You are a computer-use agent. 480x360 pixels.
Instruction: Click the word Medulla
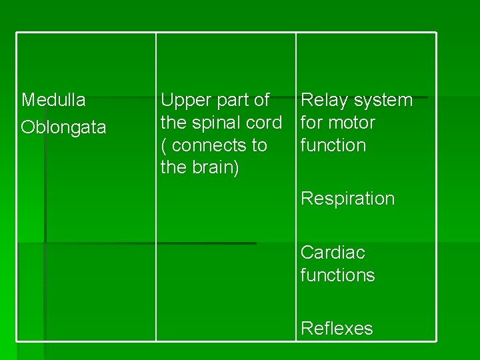click(x=53, y=100)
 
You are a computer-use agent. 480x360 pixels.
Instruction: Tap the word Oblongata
click(x=63, y=127)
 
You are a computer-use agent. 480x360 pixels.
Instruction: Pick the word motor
click(x=351, y=123)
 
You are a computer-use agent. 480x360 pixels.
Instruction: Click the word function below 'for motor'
click(x=333, y=145)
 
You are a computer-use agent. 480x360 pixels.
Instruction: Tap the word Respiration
click(x=347, y=199)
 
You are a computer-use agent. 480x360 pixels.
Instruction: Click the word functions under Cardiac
click(x=338, y=275)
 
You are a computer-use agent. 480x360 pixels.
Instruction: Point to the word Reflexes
click(x=337, y=328)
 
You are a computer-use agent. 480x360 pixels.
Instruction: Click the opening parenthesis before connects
click(x=164, y=145)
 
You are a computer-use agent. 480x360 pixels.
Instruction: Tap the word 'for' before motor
click(x=311, y=123)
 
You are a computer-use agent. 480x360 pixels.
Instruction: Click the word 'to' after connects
click(x=259, y=145)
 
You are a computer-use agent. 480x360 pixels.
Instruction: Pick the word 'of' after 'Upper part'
click(x=261, y=101)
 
